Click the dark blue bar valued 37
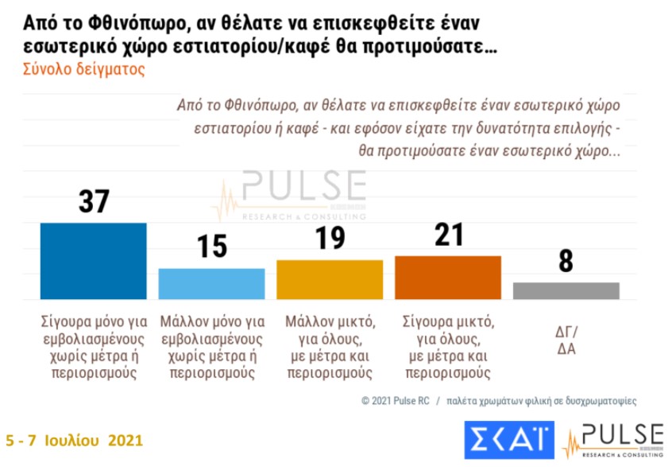[x=93, y=261]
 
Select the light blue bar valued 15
[x=211, y=284]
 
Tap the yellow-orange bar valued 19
[x=330, y=279]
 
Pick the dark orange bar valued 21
[x=448, y=278]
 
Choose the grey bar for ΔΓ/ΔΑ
[x=566, y=290]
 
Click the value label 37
[x=95, y=202]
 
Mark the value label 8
[x=566, y=261]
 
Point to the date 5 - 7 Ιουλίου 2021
[x=75, y=440]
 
